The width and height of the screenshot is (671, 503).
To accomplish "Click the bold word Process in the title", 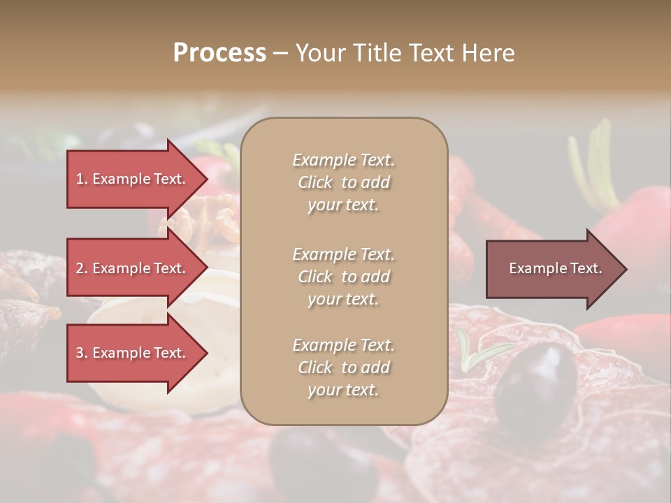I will click(x=219, y=53).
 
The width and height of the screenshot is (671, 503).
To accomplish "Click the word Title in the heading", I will click(x=379, y=53).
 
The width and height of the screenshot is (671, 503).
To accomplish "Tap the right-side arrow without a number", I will click(x=552, y=268).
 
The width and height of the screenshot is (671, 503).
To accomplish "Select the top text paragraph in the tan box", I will click(x=343, y=182).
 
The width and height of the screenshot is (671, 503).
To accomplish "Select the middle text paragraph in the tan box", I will click(x=343, y=277).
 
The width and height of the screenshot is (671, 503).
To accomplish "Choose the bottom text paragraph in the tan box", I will click(x=343, y=367).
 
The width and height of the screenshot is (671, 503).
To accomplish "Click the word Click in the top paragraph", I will click(x=315, y=182).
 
